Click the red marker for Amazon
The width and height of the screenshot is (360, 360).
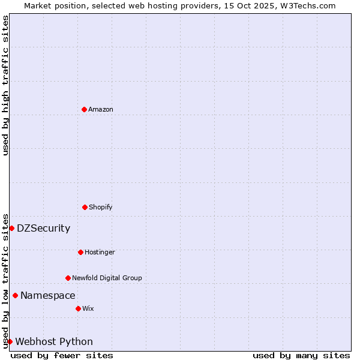click(84, 109)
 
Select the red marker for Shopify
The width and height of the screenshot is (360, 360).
click(85, 207)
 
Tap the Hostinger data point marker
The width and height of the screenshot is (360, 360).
click(80, 252)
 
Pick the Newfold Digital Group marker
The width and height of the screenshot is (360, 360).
click(68, 278)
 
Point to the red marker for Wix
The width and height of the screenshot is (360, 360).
click(78, 308)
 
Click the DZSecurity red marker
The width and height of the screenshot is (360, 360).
click(11, 228)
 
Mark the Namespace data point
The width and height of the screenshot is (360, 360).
click(15, 295)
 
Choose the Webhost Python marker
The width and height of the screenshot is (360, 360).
click(10, 341)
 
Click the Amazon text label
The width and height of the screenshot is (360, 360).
click(101, 109)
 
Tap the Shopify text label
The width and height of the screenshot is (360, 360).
click(101, 207)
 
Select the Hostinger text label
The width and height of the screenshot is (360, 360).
click(100, 252)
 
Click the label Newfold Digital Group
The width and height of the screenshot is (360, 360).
click(107, 278)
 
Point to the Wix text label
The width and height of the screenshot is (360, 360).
click(88, 308)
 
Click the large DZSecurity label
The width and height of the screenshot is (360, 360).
click(43, 228)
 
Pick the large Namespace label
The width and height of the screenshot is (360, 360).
click(47, 295)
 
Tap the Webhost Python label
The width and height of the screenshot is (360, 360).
click(54, 341)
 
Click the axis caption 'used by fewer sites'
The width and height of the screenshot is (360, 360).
click(62, 355)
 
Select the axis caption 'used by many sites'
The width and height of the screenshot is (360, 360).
click(301, 355)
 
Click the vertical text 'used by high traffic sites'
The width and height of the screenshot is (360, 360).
click(5, 85)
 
